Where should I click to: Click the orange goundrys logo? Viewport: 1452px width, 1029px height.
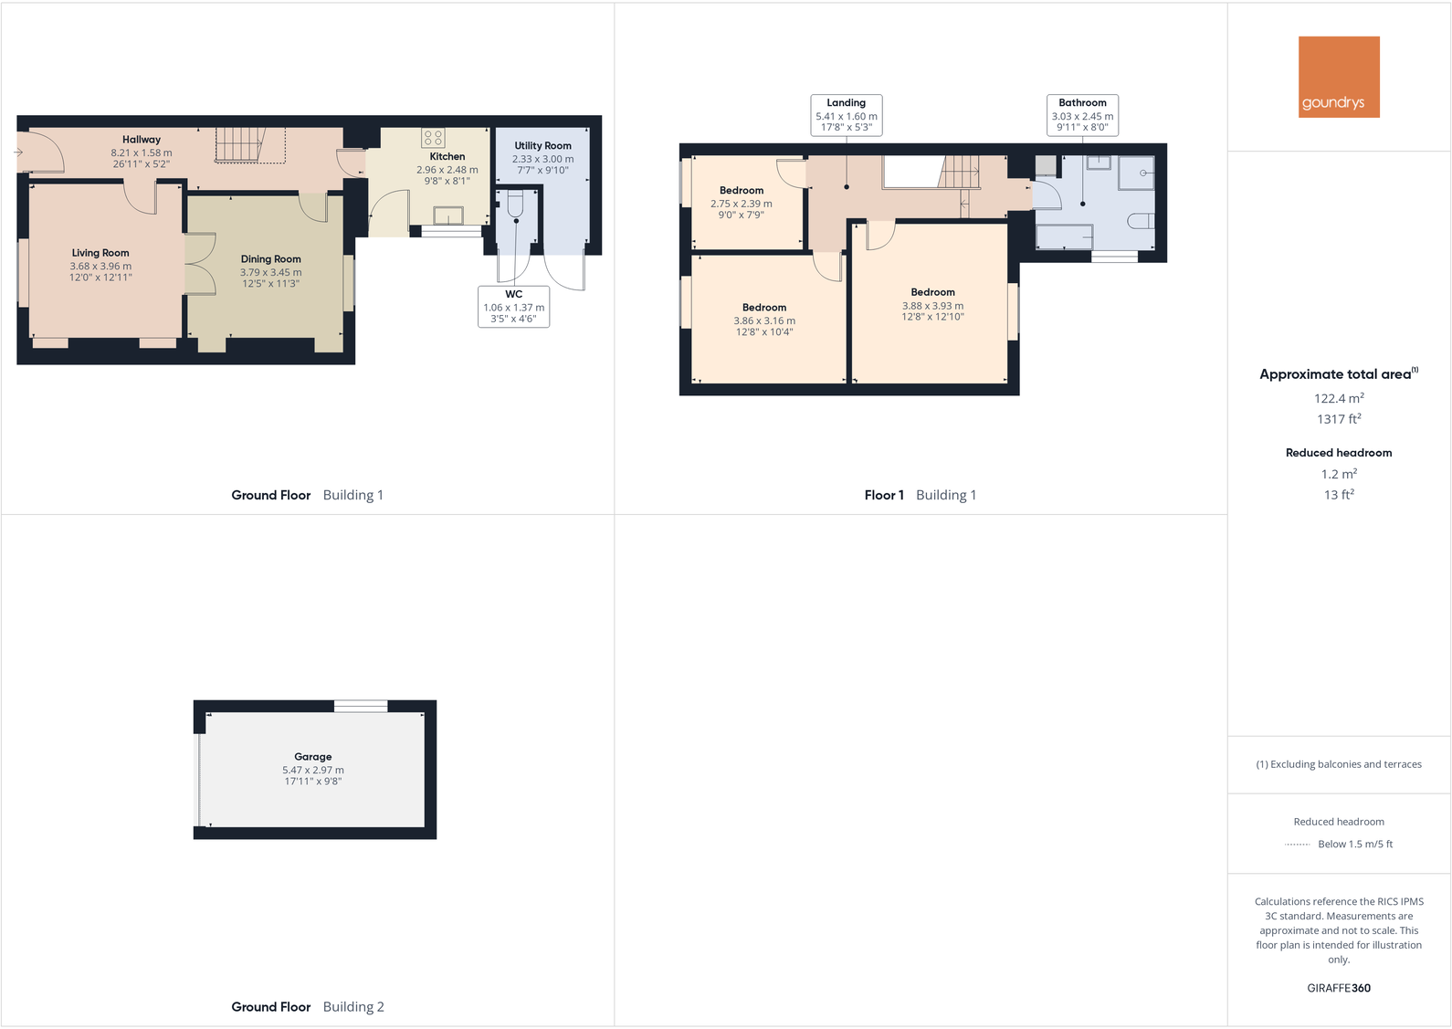(1339, 77)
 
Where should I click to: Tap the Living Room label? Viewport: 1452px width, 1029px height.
(100, 253)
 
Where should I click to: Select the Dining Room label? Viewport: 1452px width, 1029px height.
(270, 259)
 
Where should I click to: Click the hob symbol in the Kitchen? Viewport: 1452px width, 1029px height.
(433, 138)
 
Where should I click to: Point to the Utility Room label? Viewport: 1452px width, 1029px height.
(542, 146)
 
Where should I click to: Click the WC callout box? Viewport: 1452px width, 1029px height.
(513, 307)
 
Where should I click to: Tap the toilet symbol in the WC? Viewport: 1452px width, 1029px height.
(515, 206)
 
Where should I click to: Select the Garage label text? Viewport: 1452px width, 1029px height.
(312, 757)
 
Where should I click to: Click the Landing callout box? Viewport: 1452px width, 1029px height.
(847, 115)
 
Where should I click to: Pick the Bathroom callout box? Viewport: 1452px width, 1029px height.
(1082, 115)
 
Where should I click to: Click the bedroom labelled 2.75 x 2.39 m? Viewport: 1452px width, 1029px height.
(742, 204)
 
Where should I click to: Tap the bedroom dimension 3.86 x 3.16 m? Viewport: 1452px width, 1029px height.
(764, 321)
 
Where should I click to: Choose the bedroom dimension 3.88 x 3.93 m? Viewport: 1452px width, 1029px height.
(932, 307)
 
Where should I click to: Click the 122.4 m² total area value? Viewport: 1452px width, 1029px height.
(1339, 399)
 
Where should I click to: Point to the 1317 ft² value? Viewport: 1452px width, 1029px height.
(1339, 419)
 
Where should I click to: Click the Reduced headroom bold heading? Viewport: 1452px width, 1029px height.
(1339, 453)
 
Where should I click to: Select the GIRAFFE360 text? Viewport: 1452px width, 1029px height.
(1339, 988)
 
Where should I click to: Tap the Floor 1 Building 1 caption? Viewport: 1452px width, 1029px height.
(921, 495)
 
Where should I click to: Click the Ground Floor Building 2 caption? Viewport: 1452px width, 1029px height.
(308, 1007)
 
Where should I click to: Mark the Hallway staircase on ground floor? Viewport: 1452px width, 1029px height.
(239, 145)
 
